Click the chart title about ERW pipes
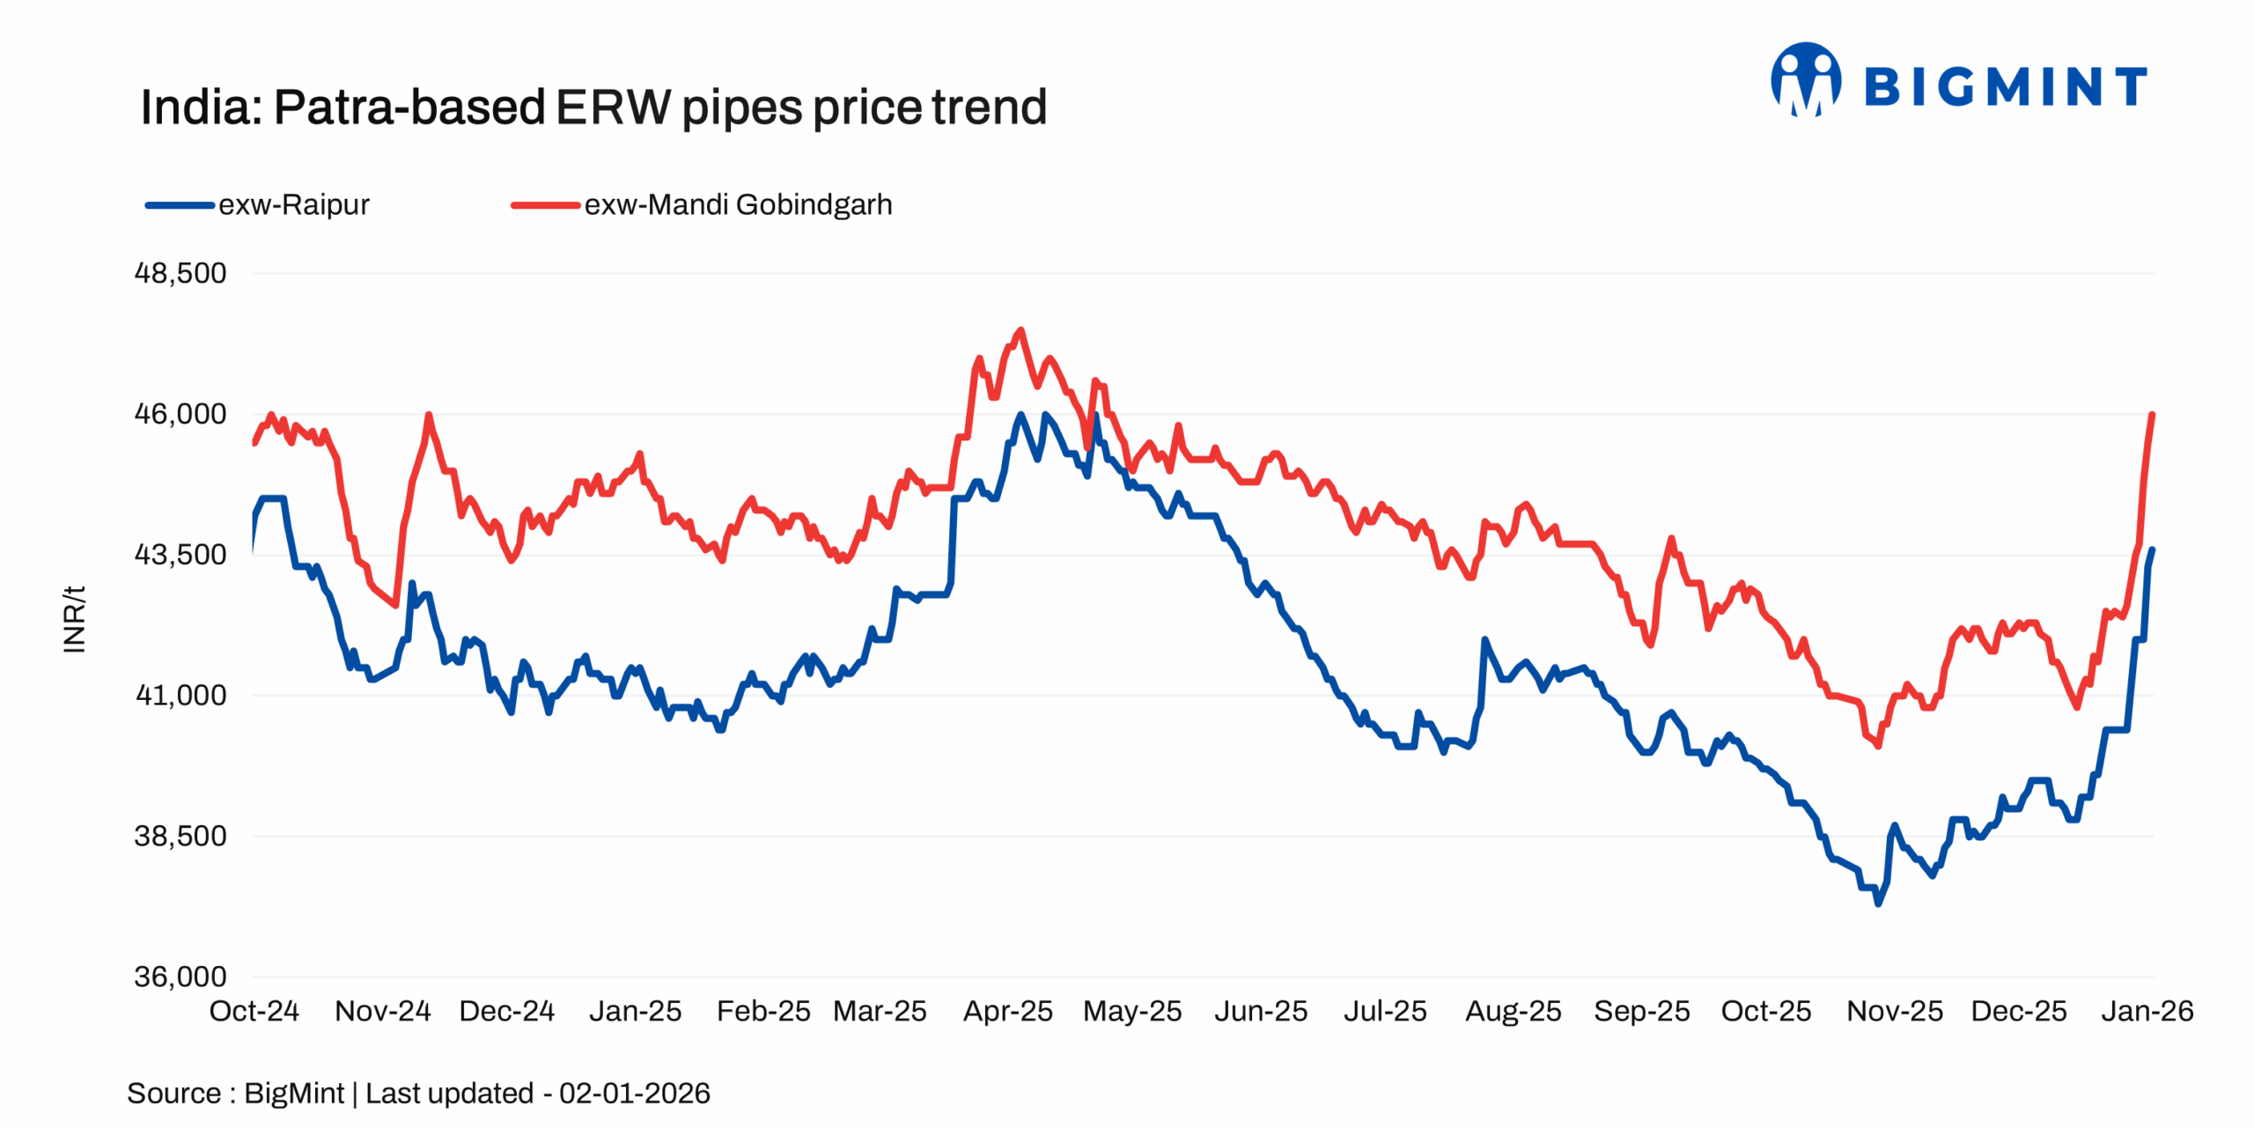[x=593, y=107]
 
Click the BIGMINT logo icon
[x=1805, y=79]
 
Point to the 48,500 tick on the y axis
[x=180, y=273]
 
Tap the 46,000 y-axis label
[x=180, y=414]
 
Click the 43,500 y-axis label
[x=180, y=555]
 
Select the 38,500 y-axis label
[x=180, y=836]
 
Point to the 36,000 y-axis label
[x=180, y=977]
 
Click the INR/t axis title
[x=75, y=619]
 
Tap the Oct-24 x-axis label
[x=254, y=1011]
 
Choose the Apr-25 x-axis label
[x=1007, y=1011]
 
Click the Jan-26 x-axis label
[x=2147, y=1011]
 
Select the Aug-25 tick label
[x=1513, y=1011]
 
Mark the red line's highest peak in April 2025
[x=1020, y=330]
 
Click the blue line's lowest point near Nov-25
[x=1877, y=903]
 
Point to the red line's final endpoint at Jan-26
[x=2152, y=414]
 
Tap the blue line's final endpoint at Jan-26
[x=2152, y=549]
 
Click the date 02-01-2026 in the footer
[x=634, y=1093]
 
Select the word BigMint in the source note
[x=293, y=1093]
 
